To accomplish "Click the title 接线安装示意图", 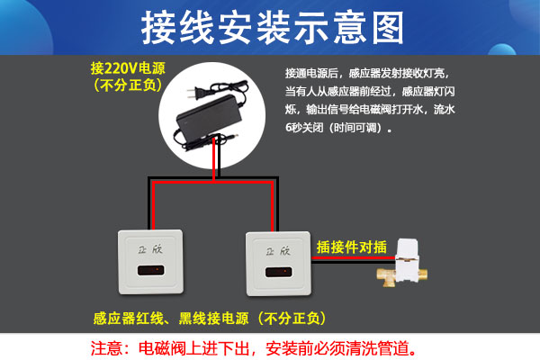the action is point(273,27).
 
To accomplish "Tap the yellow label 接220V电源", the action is point(128,68).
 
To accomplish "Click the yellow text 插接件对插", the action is point(352,247).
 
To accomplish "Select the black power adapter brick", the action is point(209,117).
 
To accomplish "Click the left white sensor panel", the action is point(150,262).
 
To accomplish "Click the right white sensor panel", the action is point(279,264).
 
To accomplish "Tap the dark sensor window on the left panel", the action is point(150,270).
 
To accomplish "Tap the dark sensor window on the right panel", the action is point(279,272).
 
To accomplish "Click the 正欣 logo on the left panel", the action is point(149,249).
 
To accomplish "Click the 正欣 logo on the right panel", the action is point(278,251).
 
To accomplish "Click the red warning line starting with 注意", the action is point(253,348).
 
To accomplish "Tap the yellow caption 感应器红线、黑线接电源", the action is point(171,319).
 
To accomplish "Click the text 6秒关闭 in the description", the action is point(304,128).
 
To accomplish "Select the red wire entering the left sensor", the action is point(153,206).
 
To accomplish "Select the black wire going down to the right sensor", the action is point(277,204).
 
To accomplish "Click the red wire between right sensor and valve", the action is point(354,257).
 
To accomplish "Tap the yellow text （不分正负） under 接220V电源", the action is point(128,85).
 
